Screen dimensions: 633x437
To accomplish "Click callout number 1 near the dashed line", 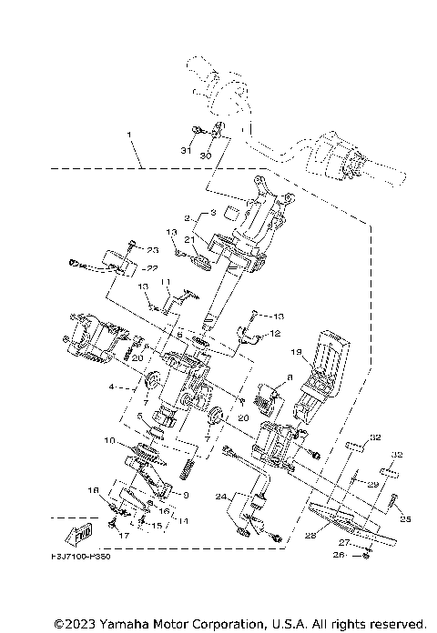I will click(129, 136).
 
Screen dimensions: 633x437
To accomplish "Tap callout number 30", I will click(205, 156).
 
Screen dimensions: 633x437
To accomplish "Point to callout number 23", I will click(153, 250).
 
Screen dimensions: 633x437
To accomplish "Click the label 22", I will click(151, 268).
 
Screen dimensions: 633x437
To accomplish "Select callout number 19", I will click(296, 349).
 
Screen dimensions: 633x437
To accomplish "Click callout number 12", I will click(270, 335).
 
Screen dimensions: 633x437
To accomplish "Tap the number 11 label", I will click(167, 282).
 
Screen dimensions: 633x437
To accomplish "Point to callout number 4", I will click(112, 387).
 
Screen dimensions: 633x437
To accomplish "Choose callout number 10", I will click(108, 441).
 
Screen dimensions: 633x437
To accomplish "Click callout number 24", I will click(220, 497).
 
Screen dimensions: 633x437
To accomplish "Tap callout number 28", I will click(310, 537).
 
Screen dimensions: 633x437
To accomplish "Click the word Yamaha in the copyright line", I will click(131, 623).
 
